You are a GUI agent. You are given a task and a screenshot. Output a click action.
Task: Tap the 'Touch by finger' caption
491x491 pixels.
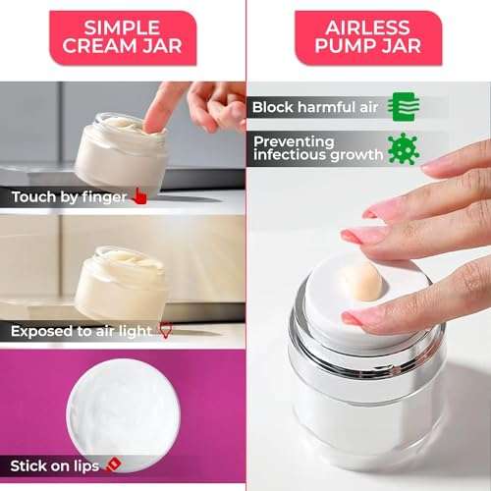(69, 197)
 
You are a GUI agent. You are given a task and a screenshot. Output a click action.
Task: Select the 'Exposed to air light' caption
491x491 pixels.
(82, 332)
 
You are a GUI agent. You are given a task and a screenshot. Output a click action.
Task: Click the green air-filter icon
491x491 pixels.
(400, 106)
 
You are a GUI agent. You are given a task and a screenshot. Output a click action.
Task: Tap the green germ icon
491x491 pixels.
(401, 148)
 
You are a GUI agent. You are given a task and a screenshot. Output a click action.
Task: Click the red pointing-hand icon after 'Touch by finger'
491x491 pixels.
(139, 196)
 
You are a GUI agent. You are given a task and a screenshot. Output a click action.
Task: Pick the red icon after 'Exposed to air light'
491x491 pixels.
(165, 332)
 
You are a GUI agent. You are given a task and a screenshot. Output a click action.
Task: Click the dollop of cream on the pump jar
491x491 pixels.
(362, 281)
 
